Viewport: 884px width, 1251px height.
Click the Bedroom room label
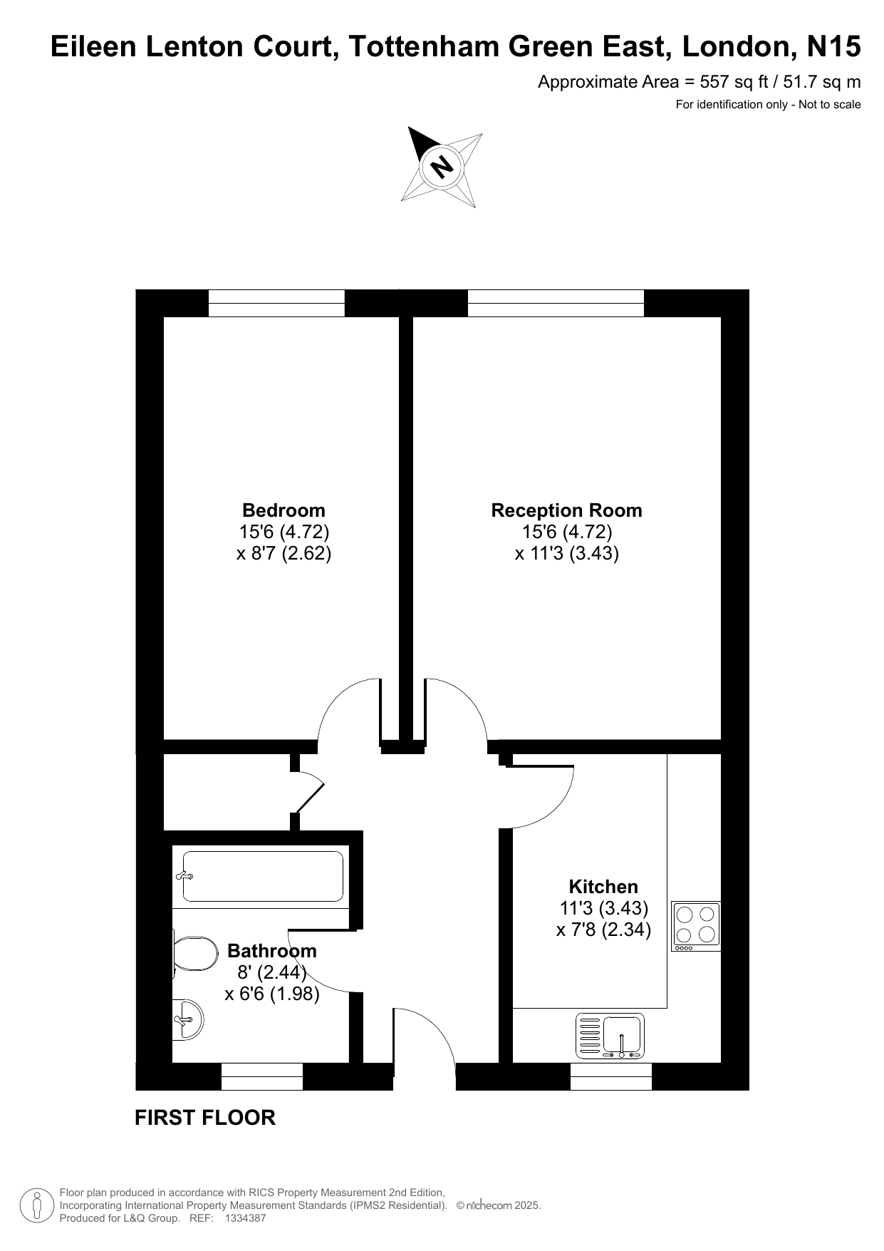click(x=284, y=510)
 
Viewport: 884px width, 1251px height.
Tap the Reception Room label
click(x=567, y=510)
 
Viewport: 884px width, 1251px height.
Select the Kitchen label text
click(x=603, y=887)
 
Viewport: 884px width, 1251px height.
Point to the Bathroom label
click(x=272, y=951)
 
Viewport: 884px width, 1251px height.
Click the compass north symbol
click(x=442, y=167)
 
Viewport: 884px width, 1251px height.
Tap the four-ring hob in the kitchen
click(x=696, y=926)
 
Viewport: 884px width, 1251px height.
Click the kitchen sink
click(x=610, y=1036)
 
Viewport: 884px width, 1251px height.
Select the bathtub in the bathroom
click(x=261, y=876)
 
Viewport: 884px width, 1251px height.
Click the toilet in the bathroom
click(x=195, y=954)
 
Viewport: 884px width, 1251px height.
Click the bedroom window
click(x=276, y=303)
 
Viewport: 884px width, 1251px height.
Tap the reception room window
click(x=556, y=303)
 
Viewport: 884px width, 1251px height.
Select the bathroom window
click(x=262, y=1076)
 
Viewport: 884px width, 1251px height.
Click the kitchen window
click(x=611, y=1076)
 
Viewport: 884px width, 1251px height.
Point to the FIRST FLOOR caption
click(x=205, y=1118)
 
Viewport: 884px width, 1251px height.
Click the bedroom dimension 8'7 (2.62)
click(x=284, y=554)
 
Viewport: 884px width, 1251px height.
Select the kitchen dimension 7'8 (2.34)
click(x=604, y=930)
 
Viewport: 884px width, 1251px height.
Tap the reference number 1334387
click(x=245, y=1218)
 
